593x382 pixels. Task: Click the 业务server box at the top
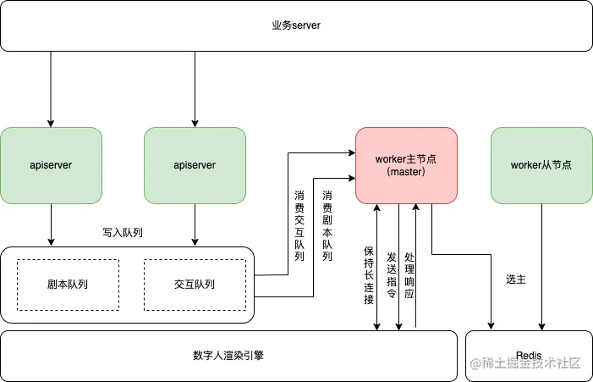(x=296, y=25)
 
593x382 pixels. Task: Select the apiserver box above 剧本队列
(x=51, y=165)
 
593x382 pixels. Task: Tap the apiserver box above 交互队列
(x=195, y=165)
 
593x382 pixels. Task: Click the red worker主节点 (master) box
(x=406, y=165)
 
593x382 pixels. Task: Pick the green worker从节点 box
(x=541, y=165)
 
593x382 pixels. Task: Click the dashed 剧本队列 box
(x=68, y=285)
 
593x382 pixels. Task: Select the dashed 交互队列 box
(x=195, y=285)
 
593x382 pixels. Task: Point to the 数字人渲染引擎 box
(x=228, y=355)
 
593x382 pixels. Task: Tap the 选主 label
(x=516, y=279)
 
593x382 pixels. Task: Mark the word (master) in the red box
(x=406, y=172)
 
